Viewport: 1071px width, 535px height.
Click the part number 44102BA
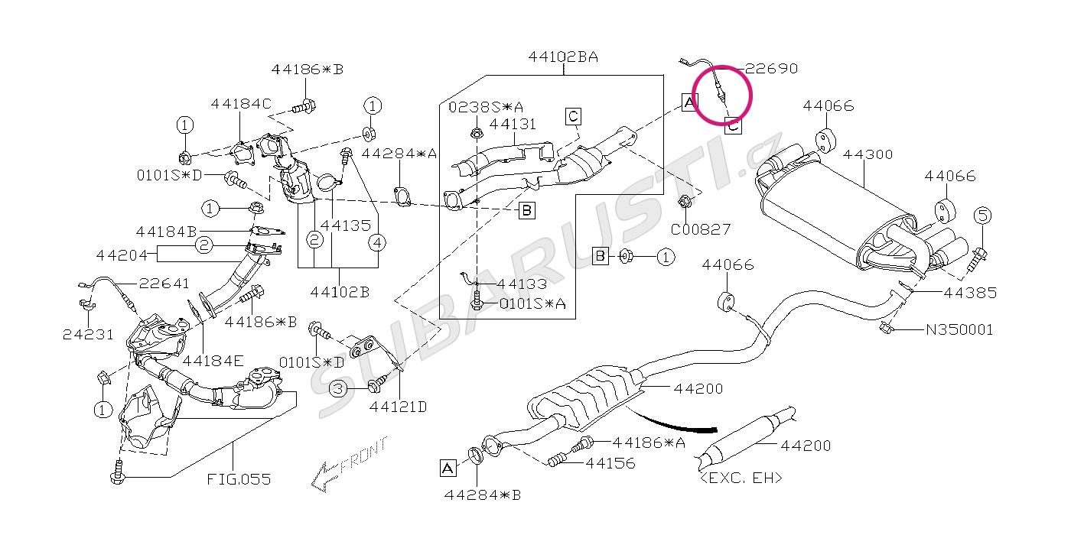coord(563,57)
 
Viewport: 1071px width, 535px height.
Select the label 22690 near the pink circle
coord(772,69)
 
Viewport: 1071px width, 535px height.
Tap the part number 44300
coord(868,154)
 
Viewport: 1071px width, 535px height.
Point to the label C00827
coord(701,230)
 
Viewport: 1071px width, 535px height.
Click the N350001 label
coord(959,329)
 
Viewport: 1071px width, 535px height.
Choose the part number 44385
coord(970,293)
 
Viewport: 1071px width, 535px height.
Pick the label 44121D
coord(398,407)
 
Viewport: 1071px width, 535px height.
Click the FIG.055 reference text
coord(239,479)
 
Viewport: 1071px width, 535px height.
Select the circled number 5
coord(982,216)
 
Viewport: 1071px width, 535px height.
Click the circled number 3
coord(338,388)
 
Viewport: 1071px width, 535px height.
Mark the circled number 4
coord(377,243)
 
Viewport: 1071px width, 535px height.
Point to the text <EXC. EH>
coord(741,478)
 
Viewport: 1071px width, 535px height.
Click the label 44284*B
coord(483,495)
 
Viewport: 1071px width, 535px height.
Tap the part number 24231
coord(89,335)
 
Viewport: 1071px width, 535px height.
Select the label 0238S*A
coord(486,107)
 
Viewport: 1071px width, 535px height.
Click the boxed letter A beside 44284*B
coord(448,468)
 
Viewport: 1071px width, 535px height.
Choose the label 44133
coord(522,284)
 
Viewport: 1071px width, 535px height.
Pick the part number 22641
coord(164,284)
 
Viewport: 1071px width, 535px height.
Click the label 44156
coord(610,463)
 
